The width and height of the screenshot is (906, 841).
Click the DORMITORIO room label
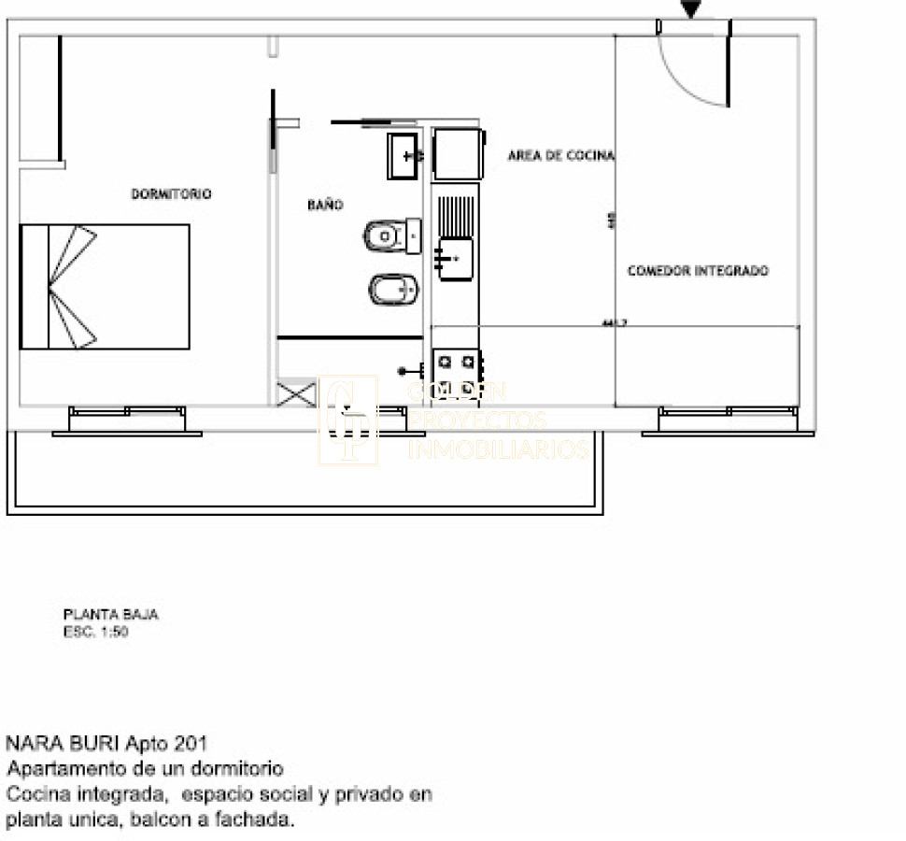point(171,194)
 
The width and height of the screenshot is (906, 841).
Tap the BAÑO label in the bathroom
point(325,205)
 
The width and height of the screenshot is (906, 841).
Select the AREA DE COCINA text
point(560,156)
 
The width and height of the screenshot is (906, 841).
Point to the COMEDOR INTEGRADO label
point(698,271)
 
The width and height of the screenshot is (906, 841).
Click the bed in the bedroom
point(105,287)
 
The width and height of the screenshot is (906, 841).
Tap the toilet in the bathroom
point(391,236)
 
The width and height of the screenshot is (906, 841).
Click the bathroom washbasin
point(404,156)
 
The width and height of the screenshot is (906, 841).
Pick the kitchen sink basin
point(456,258)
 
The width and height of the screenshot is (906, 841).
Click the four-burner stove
point(457,373)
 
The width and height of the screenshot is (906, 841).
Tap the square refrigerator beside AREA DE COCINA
point(458,154)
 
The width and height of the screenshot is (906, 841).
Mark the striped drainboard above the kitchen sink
point(457,216)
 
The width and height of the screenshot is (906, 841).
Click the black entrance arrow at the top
point(690,9)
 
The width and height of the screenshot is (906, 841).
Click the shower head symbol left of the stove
point(408,371)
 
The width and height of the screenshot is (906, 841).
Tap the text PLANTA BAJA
point(110,615)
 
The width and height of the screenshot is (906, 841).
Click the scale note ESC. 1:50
point(95,632)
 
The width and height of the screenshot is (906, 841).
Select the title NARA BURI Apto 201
point(107,744)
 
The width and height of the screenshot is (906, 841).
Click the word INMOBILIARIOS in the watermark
point(499,450)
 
